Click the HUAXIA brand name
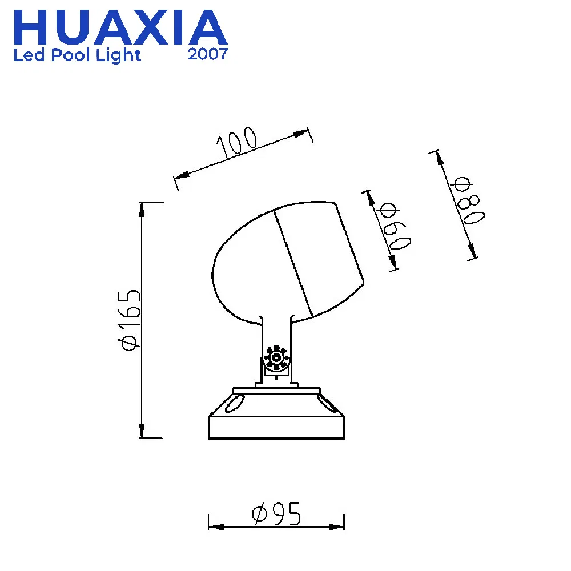120,27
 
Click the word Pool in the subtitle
70,55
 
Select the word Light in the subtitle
118,55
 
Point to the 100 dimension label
237,142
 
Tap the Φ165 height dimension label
128,320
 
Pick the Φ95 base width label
276,513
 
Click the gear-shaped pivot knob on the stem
276,357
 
